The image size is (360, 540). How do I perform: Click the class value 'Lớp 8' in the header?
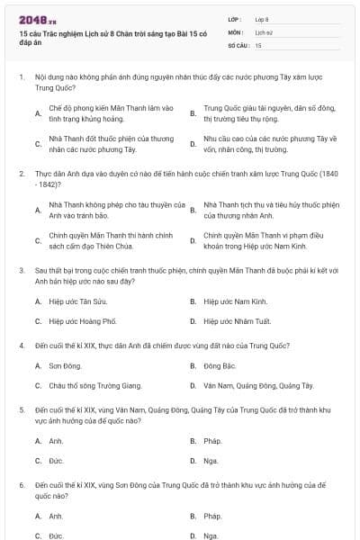[263, 19]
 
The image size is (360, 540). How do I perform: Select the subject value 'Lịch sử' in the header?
[263, 31]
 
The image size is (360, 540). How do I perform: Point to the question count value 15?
[258, 44]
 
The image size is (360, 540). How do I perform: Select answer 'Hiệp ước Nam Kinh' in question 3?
[235, 301]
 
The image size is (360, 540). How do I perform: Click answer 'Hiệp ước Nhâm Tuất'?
[236, 319]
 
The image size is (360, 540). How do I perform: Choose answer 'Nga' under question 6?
[211, 535]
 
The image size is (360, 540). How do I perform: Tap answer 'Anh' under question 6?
[56, 516]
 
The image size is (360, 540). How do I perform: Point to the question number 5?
[21, 409]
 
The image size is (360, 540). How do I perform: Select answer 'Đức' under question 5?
[56, 460]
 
